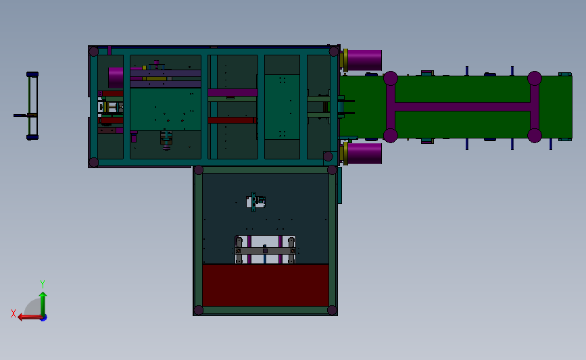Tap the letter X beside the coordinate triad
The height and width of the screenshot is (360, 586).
[x=14, y=313]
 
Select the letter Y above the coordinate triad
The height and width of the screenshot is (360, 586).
[x=42, y=284]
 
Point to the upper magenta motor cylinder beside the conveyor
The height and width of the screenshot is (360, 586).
[x=364, y=60]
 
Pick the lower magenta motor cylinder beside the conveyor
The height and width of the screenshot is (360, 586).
[x=364, y=153]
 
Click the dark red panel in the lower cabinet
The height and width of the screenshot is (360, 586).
[x=265, y=284]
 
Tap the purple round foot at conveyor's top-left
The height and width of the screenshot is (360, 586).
[x=390, y=78]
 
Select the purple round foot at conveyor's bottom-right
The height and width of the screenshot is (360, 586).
[x=534, y=135]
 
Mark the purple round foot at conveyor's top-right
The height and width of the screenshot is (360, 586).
[x=534, y=78]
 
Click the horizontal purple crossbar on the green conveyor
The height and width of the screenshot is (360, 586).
[x=462, y=107]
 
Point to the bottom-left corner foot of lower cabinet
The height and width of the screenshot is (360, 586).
[x=199, y=310]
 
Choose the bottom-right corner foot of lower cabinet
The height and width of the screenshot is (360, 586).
[x=332, y=310]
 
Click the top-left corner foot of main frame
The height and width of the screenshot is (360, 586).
[x=94, y=51]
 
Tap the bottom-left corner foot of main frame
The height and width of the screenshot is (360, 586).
[x=94, y=162]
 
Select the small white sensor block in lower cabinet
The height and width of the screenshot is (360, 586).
[x=256, y=201]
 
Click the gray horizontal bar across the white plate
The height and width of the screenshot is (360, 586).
[x=264, y=251]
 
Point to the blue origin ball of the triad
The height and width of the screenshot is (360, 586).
[x=43, y=317]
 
